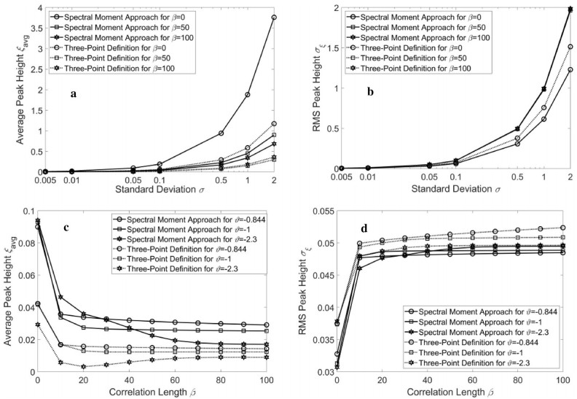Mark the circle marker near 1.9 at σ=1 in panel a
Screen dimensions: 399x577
(x=248, y=95)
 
